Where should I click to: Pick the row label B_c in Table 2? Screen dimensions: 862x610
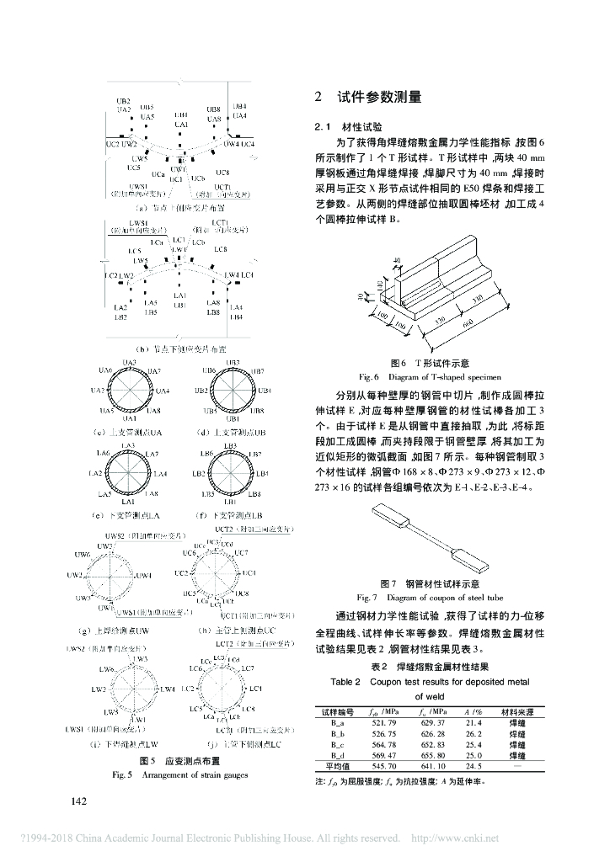point(337,744)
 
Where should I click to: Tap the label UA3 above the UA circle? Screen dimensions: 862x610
point(129,362)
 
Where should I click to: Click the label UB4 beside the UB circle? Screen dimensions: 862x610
point(265,391)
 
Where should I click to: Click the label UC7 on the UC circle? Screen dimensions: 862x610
point(242,552)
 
